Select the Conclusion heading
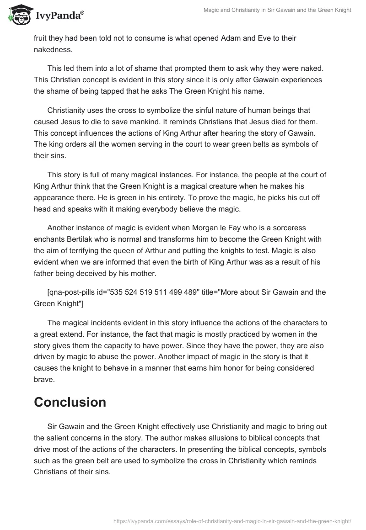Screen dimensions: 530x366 (70, 402)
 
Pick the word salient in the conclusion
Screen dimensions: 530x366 (61, 437)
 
